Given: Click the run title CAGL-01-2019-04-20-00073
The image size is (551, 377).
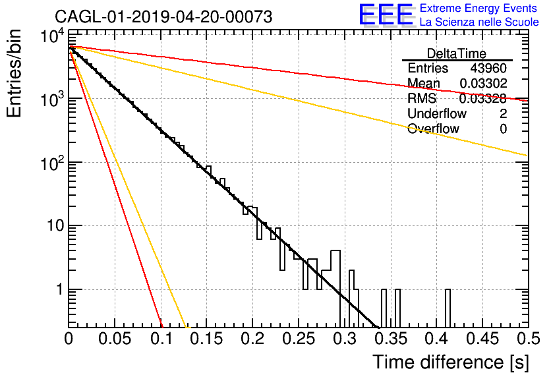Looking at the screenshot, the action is (163, 16).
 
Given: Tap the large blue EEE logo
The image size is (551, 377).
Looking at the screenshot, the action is (386, 14).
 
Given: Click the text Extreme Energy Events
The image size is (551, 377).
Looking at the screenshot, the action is (478, 8).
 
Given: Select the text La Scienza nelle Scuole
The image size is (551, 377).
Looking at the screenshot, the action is (479, 22).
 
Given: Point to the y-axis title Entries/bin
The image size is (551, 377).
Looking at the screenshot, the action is (14, 74).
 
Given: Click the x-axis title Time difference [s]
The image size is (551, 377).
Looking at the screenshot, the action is (451, 362).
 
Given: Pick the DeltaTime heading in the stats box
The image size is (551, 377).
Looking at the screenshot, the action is (457, 53).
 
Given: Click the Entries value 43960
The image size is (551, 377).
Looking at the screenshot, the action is (488, 68).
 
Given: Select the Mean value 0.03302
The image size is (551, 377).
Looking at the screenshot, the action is (483, 83).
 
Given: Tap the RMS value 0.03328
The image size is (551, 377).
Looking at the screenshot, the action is (483, 99).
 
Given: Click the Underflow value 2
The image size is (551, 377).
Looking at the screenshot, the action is (503, 113).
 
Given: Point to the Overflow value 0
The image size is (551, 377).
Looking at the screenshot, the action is (503, 129).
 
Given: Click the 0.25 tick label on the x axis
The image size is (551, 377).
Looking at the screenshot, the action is (299, 339).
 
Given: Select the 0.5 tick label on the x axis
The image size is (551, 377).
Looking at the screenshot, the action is (528, 339).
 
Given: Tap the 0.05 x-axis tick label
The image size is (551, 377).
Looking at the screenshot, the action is (115, 339).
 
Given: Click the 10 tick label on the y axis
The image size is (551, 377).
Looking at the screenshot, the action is (56, 225).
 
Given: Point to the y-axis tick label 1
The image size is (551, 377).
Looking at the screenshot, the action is (59, 289).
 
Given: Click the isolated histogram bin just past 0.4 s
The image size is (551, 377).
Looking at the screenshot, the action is (448, 308).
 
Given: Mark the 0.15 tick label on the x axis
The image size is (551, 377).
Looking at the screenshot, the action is (207, 339).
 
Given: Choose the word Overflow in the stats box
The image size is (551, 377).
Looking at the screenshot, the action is (433, 129).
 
